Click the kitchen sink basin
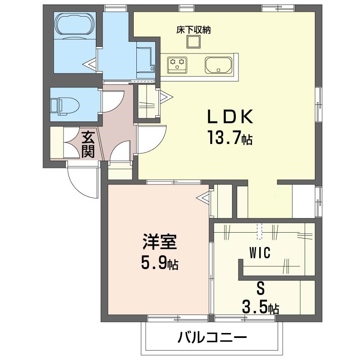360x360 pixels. pos(218,65)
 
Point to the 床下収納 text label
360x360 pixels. pos(194,31)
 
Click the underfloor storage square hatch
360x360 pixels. pos(194,42)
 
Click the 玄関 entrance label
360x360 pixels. pos(88,144)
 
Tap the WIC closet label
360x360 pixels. pos(260,254)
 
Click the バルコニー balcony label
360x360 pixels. pos(212,337)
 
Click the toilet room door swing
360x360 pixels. pos(112,101)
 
